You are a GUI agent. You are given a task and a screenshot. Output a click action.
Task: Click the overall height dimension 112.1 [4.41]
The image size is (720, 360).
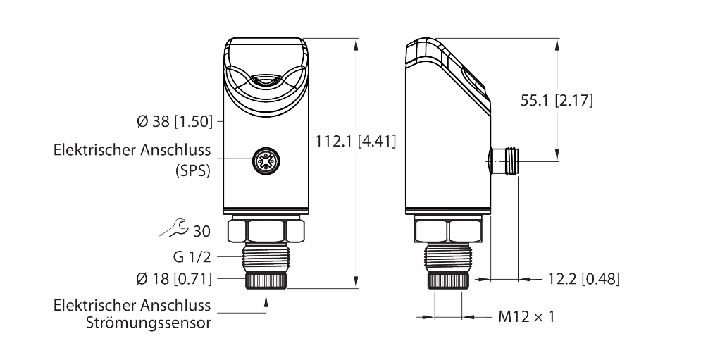coord(356,142)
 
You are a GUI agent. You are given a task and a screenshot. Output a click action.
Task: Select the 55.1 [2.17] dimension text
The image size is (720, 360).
coord(557,101)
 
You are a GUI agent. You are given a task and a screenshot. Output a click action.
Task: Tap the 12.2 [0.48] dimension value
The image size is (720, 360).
coord(583,279)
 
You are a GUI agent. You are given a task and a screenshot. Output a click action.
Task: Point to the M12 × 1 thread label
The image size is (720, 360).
coord(526,317)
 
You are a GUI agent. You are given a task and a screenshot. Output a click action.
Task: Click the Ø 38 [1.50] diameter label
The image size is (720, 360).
coord(175,121)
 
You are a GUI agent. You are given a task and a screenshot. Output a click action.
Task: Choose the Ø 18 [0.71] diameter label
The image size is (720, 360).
coord(175,279)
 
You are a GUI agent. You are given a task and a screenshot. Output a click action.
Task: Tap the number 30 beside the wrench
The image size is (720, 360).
coord(201,230)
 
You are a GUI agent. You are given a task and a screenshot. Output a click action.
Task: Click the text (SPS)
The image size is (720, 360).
coord(193,170)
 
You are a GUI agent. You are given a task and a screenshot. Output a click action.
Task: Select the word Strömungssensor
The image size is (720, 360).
coord(149,323)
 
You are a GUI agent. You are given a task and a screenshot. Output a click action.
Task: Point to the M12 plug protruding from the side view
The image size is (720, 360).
coord(503,161)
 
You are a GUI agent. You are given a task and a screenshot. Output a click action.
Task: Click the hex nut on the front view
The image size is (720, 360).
coord(266,230)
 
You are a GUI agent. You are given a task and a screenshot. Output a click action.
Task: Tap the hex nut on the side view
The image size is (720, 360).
coord(448,230)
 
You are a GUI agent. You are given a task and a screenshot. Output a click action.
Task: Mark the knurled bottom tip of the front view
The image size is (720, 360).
coord(266,280)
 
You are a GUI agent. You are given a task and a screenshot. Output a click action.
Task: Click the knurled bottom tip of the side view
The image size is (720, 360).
coord(448,280)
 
